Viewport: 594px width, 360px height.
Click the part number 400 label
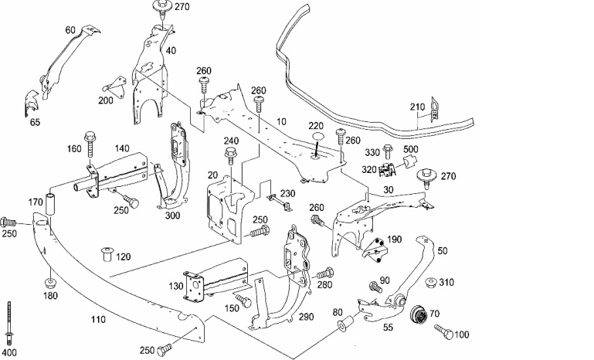point(9,352)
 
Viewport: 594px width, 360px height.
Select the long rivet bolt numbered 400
point(9,322)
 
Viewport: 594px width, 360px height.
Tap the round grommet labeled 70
point(419,314)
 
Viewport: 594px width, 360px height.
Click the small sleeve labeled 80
point(345,322)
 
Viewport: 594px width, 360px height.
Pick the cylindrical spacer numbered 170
point(50,204)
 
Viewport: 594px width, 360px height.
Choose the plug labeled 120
point(108,254)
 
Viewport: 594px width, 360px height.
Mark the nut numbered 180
point(50,283)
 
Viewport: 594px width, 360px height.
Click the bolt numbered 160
point(90,144)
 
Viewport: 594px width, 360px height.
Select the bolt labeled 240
point(230,157)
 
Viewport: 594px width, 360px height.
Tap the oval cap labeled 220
point(317,138)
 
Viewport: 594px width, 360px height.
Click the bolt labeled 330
point(387,152)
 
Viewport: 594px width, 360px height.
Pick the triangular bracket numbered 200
point(115,87)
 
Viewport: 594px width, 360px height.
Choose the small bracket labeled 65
point(31,103)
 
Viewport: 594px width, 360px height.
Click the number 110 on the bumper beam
point(98,320)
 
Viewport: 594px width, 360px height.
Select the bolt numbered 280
point(325,273)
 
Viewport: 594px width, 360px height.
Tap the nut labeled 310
point(431,282)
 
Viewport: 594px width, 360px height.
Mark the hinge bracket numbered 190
point(375,250)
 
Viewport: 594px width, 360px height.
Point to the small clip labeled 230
point(280,202)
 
